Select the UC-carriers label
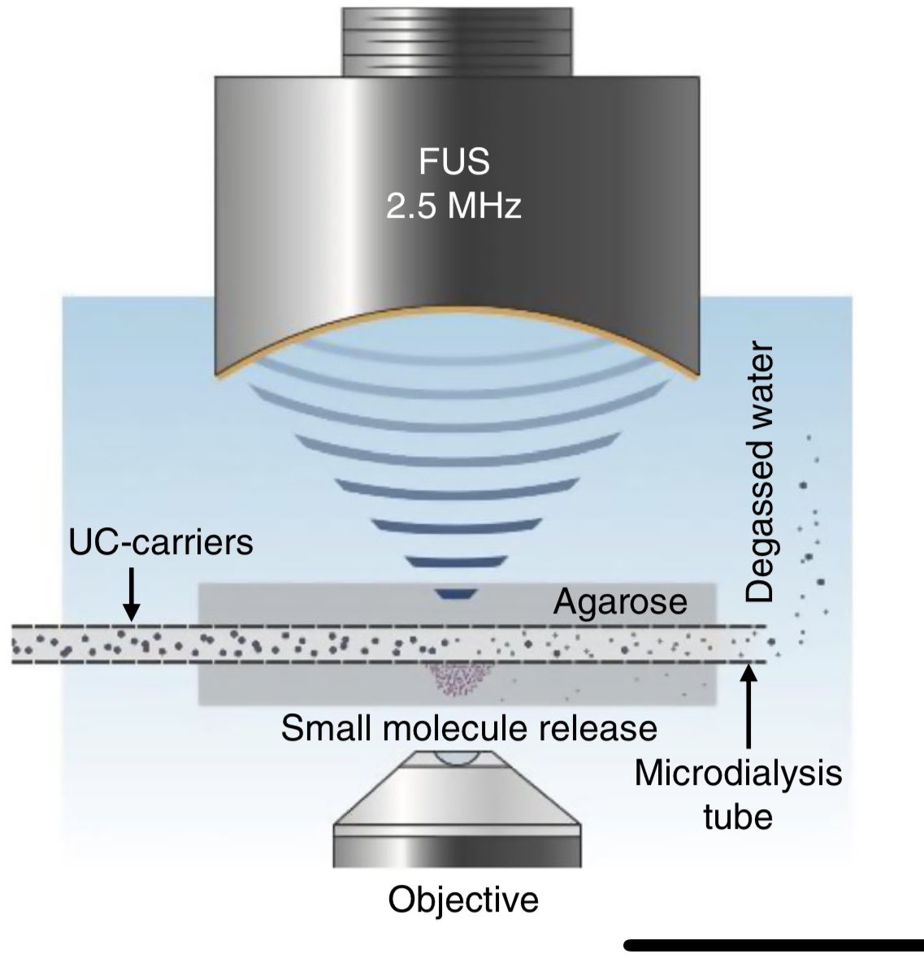pos(161,542)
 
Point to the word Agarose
pos(621,603)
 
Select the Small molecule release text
pos(469,728)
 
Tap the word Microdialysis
pos(737,773)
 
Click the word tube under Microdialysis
pos(737,815)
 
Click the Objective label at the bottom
pos(463,899)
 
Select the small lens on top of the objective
pos(457,758)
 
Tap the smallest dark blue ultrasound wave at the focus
pos(455,595)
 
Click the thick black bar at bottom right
pos(772,944)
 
